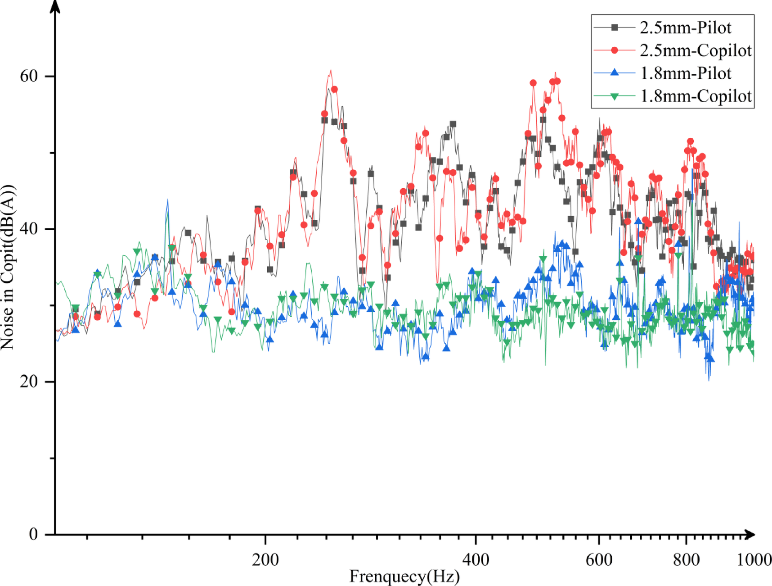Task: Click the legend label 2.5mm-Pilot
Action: [685, 28]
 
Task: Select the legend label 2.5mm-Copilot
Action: [696, 50]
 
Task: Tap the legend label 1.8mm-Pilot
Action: [685, 73]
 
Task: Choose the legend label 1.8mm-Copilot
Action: [696, 96]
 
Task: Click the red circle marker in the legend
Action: [615, 50]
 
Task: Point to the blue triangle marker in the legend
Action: [615, 73]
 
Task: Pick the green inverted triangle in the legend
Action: [615, 96]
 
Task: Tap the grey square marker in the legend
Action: [615, 28]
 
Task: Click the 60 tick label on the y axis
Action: [29, 76]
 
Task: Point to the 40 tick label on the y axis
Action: [29, 229]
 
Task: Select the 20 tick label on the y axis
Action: [29, 382]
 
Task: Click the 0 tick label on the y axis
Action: [33, 534]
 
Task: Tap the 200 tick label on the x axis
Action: [265, 559]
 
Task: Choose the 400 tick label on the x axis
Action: [476, 559]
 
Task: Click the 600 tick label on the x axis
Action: [599, 559]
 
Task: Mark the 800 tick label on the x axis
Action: [686, 559]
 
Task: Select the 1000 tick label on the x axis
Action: [754, 559]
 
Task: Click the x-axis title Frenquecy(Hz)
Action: [404, 576]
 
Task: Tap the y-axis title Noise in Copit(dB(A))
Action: [8, 267]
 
